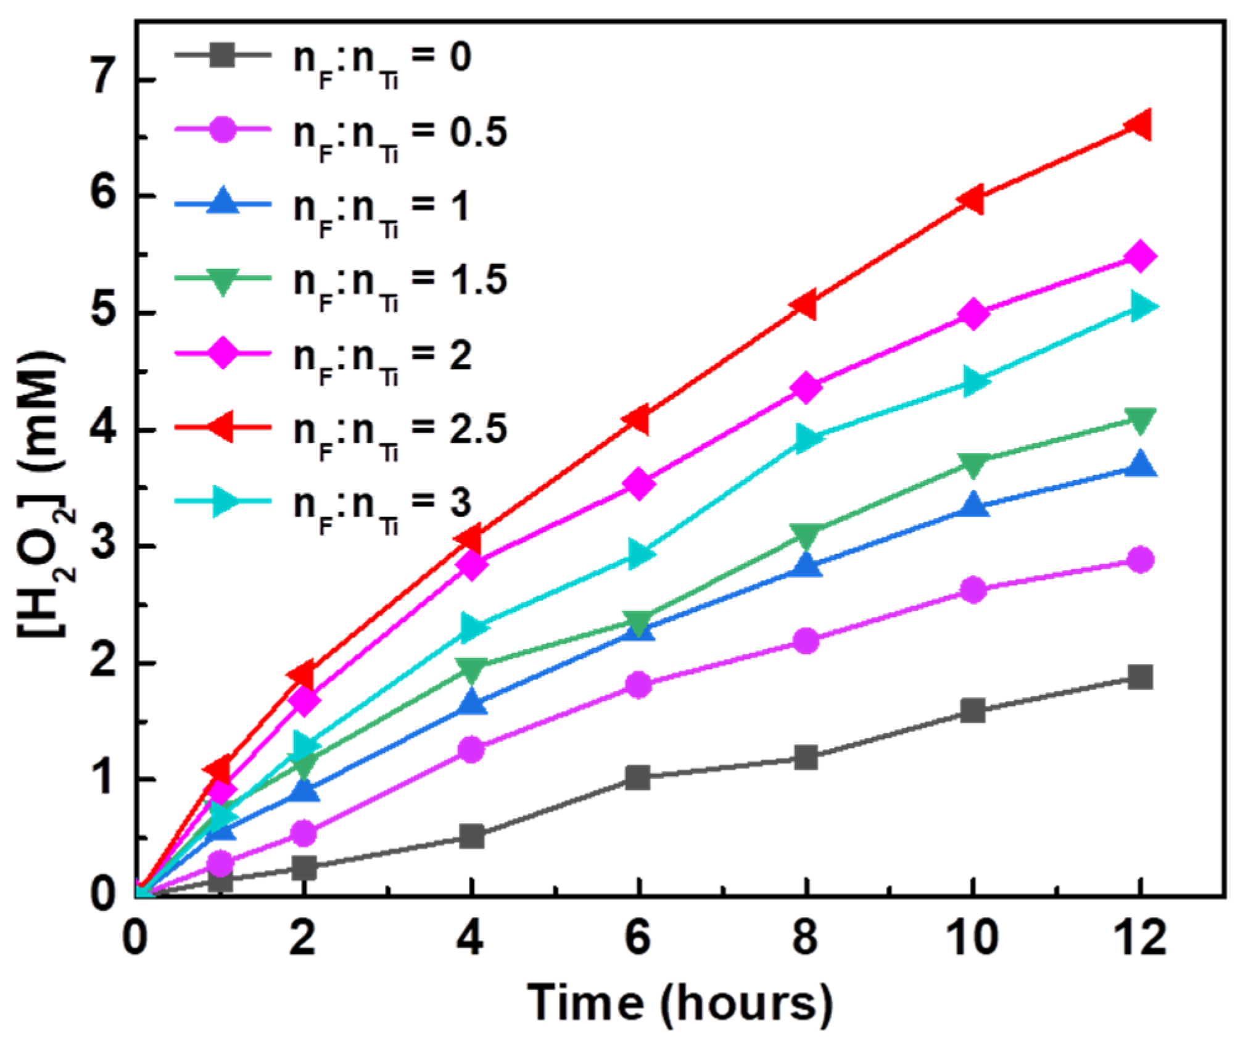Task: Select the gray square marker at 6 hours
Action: (638, 777)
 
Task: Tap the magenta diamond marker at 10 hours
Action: (973, 314)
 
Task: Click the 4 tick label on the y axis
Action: (104, 429)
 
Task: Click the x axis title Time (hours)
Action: (680, 1003)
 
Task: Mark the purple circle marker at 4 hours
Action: (472, 750)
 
